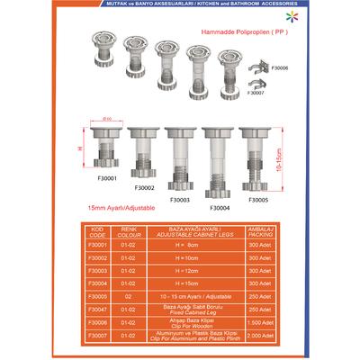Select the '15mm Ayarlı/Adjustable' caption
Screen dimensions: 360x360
pos(118,208)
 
